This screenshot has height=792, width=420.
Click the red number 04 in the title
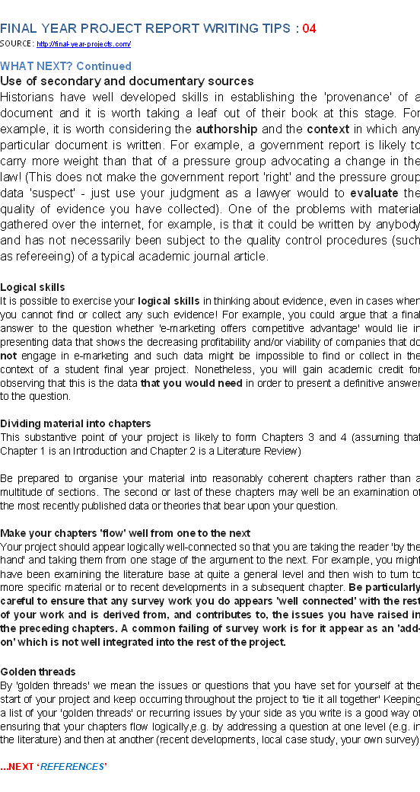pyautogui.click(x=309, y=29)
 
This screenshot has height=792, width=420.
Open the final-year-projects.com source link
pyautogui.click(x=84, y=45)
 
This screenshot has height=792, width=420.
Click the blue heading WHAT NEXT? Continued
pyautogui.click(x=65, y=66)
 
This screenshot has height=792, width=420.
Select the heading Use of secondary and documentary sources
pyautogui.click(x=126, y=81)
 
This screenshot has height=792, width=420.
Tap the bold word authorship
pyautogui.click(x=226, y=129)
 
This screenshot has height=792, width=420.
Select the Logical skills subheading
pyautogui.click(x=33, y=287)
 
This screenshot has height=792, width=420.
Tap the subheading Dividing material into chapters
pyautogui.click(x=75, y=423)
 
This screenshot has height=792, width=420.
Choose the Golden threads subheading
pyautogui.click(x=38, y=672)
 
